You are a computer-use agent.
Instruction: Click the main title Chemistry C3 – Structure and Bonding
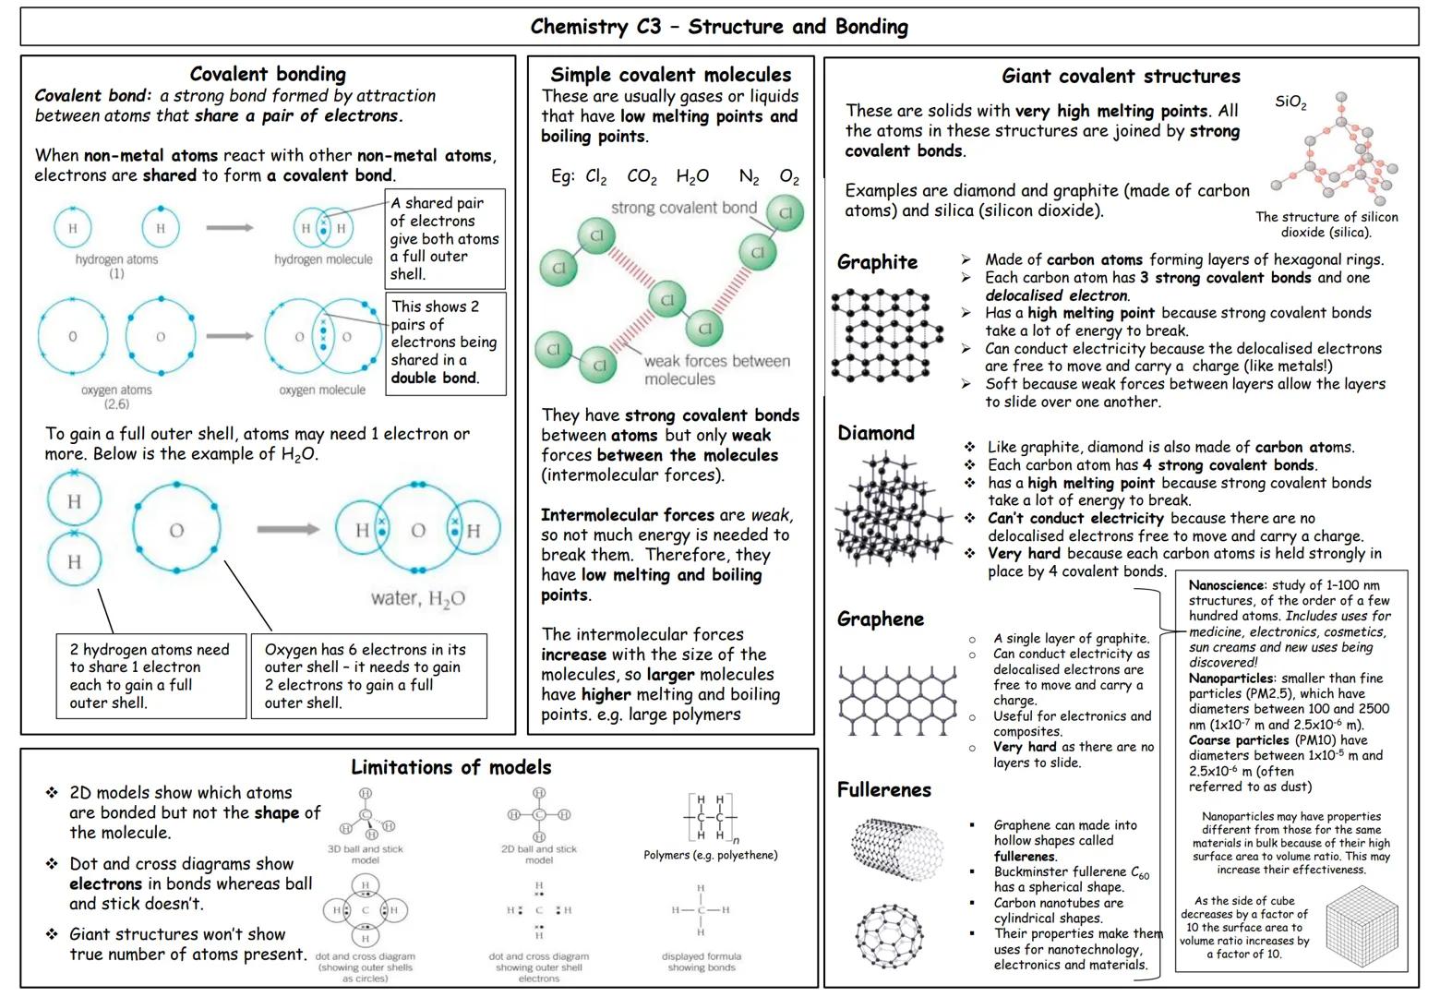[x=719, y=26]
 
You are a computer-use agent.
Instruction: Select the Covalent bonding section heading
[x=268, y=74]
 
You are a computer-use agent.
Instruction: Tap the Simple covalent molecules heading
[x=671, y=75]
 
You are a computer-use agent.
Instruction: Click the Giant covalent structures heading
[x=1121, y=77]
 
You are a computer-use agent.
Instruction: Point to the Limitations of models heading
[x=450, y=767]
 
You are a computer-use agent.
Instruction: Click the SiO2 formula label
[x=1290, y=102]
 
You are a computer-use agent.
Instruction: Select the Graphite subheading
[x=877, y=262]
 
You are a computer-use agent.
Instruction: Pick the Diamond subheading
[x=875, y=433]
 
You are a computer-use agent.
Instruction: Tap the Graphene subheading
[x=880, y=619]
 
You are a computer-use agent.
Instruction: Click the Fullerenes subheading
[x=883, y=790]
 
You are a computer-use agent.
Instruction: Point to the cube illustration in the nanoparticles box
[x=1363, y=927]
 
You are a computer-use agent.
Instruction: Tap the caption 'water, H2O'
[x=418, y=599]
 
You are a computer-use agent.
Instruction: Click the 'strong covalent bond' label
[x=683, y=208]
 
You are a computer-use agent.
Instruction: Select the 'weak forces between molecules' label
[x=716, y=370]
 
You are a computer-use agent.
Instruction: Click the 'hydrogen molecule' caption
[x=323, y=259]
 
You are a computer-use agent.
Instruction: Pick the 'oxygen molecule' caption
[x=322, y=390]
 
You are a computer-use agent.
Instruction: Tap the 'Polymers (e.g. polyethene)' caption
[x=710, y=855]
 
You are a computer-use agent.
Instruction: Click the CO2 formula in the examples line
[x=642, y=177]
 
